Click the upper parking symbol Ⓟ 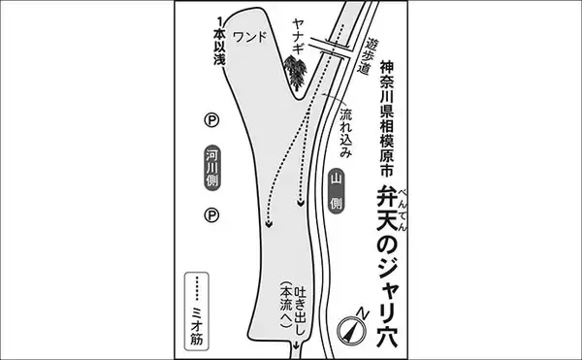[211, 120]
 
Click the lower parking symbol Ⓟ [211, 215]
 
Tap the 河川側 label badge [212, 168]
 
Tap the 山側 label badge [336, 191]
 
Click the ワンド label [250, 37]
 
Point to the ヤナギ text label [299, 37]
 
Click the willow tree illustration [296, 73]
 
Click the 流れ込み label [345, 133]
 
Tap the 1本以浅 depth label [219, 41]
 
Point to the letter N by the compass [363, 313]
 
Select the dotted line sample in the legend [197, 288]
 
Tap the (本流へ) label [286, 305]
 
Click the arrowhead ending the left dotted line [269, 224]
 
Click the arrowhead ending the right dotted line [301, 204]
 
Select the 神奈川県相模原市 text [386, 117]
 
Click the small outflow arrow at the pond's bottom [296, 344]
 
